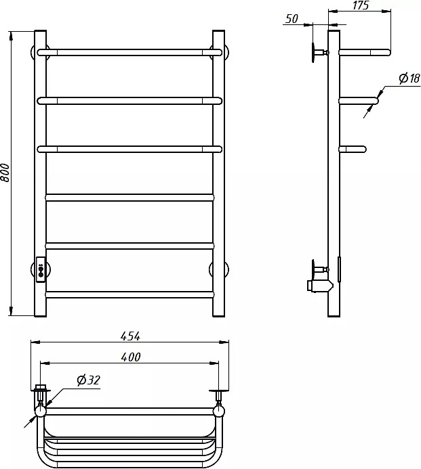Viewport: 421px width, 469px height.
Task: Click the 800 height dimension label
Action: pos(5,173)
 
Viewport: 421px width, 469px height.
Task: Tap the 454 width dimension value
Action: pos(130,336)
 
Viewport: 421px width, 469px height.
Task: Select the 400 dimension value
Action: pos(131,357)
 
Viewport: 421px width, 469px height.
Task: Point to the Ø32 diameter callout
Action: pos(88,380)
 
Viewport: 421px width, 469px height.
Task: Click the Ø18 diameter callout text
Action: pos(409,79)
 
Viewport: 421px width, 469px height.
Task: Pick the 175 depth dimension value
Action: pos(361,5)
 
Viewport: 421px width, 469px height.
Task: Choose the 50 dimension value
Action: pos(292,19)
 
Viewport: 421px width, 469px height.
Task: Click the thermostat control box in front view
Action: pos(41,269)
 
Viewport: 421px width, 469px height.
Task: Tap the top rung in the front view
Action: pos(129,52)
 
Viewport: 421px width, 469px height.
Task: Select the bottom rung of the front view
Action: pos(129,294)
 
